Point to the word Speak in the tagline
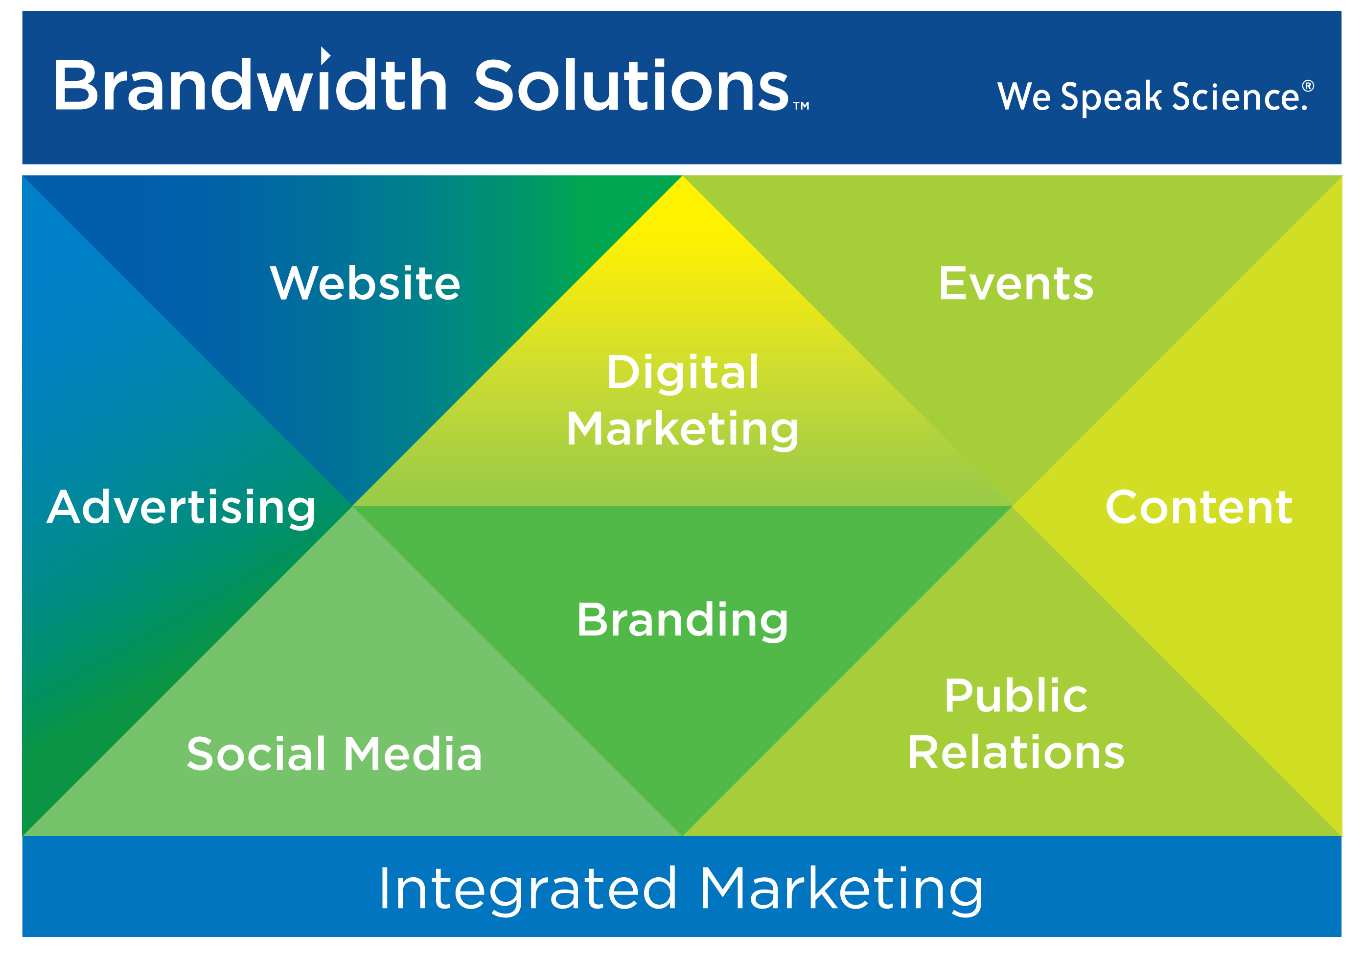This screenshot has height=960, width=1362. click(x=1110, y=97)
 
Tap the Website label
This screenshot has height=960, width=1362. click(x=365, y=283)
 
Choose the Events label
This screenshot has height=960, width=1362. click(x=1016, y=283)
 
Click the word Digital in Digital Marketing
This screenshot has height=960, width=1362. click(x=682, y=373)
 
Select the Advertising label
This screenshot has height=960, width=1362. click(x=181, y=508)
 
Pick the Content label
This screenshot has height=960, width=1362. click(x=1198, y=508)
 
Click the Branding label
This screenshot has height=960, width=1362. click(x=682, y=621)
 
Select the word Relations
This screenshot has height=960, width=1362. click(x=1016, y=752)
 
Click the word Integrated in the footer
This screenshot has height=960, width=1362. click(x=528, y=890)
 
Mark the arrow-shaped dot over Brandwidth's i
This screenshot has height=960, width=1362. click(x=325, y=55)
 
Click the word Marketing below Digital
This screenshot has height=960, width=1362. click(x=682, y=429)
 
